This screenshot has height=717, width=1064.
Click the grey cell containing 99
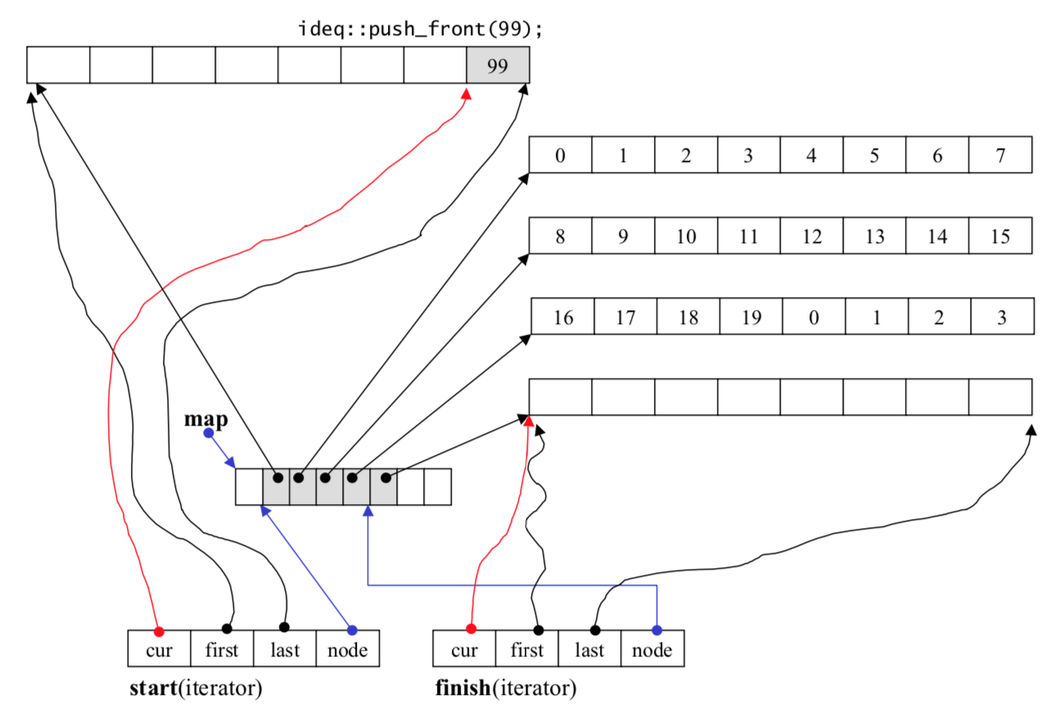(498, 65)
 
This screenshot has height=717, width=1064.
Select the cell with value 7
(1000, 155)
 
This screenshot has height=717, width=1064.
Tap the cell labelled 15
(1000, 236)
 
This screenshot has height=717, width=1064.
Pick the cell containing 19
(751, 317)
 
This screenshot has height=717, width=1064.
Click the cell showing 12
(812, 236)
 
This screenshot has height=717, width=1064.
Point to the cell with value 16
(563, 317)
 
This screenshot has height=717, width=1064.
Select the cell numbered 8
(561, 236)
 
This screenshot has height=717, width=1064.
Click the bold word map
(206, 420)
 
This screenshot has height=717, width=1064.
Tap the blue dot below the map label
(209, 433)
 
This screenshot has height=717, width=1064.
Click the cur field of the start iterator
(159, 648)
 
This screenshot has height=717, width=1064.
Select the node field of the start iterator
(348, 648)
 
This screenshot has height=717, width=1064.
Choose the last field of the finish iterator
(589, 648)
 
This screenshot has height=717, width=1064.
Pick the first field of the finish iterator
(527, 648)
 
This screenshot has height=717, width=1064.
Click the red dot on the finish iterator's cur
(471, 629)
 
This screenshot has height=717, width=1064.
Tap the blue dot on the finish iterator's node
(657, 630)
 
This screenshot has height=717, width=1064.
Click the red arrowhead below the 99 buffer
(467, 94)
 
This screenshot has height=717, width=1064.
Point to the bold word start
(153, 688)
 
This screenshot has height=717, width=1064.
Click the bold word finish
(463, 688)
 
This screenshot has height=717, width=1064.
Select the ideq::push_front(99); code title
(421, 29)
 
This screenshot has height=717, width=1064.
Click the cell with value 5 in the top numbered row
(874, 155)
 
